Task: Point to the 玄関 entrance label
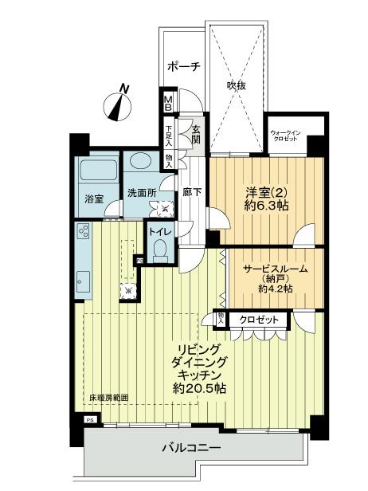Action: coord(195,134)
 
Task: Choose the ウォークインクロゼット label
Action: coord(284,135)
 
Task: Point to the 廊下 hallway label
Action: coord(191,192)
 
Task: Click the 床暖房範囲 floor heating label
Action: coord(108,397)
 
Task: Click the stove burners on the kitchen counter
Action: coord(83,233)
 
